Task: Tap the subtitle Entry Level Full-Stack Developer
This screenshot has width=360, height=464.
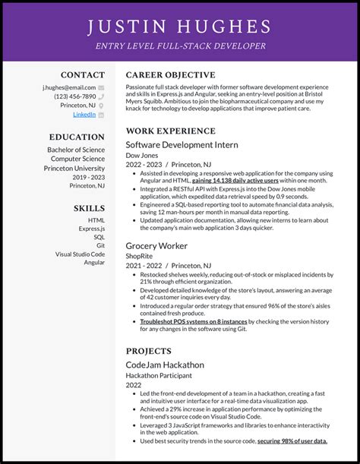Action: tap(180, 46)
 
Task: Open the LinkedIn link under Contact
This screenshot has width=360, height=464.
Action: tap(84, 115)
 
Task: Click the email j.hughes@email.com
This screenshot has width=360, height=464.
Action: tap(69, 87)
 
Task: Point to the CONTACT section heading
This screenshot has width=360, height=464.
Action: tap(83, 75)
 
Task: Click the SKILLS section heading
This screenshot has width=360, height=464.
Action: tap(90, 208)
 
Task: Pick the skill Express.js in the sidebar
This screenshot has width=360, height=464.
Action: tap(91, 227)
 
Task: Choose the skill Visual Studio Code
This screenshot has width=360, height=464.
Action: tap(80, 254)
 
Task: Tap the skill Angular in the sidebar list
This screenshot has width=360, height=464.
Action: tap(94, 263)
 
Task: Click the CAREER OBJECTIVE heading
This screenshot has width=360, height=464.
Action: tap(170, 75)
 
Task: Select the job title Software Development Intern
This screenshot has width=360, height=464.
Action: tap(182, 144)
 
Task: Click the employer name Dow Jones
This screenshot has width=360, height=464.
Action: tap(144, 155)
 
